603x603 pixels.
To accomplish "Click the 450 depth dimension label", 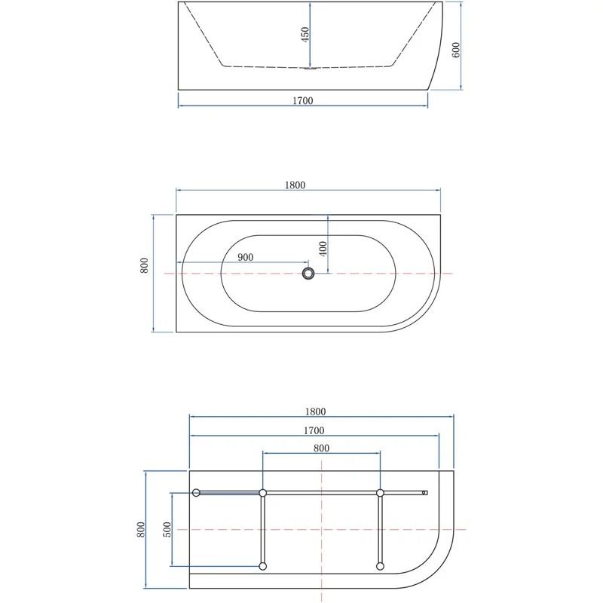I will [x=305, y=35].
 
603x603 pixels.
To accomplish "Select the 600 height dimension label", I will [x=456, y=50].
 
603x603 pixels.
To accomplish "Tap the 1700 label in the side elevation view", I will [x=303, y=100].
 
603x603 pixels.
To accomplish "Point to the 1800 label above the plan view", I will [x=295, y=185].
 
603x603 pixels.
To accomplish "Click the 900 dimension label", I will [x=245, y=257].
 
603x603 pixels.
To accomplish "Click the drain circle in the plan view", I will [x=308, y=273].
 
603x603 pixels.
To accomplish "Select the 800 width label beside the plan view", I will [x=145, y=265].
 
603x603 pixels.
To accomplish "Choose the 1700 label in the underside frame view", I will [x=314, y=430].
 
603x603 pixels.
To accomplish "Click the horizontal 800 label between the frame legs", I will [x=321, y=448].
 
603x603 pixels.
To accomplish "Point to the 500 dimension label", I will [x=167, y=529].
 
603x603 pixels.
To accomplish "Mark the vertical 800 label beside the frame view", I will [x=141, y=529].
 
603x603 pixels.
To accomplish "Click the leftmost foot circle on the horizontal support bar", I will [x=196, y=493].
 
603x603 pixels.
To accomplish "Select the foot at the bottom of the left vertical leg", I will [x=262, y=566].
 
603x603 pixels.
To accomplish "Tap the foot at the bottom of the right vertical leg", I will [x=380, y=566].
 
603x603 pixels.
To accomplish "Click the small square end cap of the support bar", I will [x=425, y=493].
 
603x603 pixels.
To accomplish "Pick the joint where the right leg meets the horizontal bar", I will [x=380, y=493].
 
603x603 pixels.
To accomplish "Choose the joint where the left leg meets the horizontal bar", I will [x=262, y=493].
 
